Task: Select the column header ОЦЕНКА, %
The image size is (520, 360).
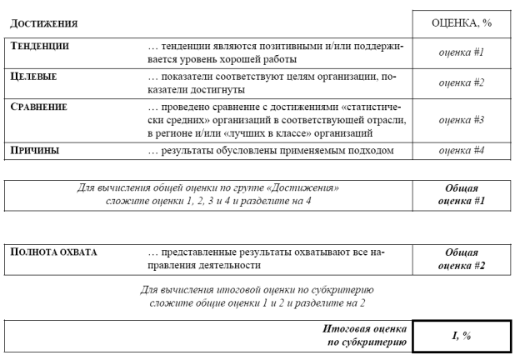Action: click(x=461, y=22)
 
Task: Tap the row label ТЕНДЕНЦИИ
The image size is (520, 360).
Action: click(x=39, y=46)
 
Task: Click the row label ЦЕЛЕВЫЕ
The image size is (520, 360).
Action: click(x=33, y=77)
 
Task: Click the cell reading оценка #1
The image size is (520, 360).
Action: click(x=461, y=52)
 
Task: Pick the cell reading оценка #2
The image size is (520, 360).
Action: click(x=461, y=82)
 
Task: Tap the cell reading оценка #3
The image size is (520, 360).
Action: click(x=461, y=119)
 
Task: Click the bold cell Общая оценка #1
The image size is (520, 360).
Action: click(x=461, y=194)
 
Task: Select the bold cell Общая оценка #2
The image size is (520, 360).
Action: click(x=461, y=258)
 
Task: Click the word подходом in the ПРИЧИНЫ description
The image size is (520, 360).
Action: click(x=382, y=150)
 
